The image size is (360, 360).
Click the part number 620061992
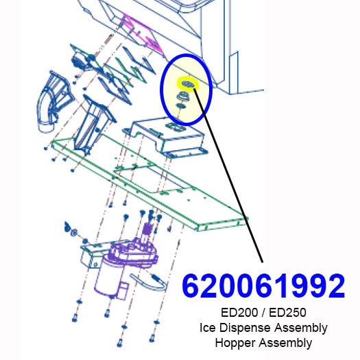[263, 286]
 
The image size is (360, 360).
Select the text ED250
[287, 313]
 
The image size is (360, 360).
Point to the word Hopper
[235, 344]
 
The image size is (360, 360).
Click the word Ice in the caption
[208, 328]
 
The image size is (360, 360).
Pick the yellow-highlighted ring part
[187, 84]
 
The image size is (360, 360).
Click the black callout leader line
[228, 175]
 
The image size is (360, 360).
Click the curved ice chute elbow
[54, 101]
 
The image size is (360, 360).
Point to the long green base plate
[149, 184]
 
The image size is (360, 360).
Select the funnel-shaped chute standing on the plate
[94, 125]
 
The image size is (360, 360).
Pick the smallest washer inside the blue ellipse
[181, 106]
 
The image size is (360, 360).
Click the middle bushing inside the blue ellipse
[183, 96]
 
